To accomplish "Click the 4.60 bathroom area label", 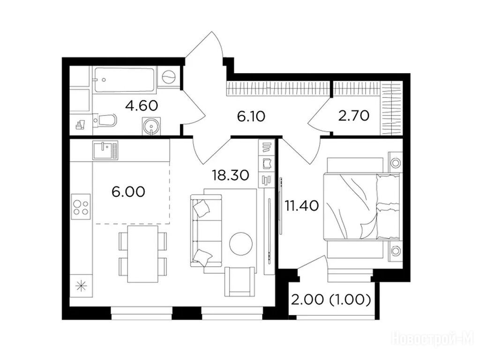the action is click(x=142, y=106).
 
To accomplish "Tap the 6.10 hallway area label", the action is click(x=251, y=117).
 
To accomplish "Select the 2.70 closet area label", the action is click(x=353, y=116).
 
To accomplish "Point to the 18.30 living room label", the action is click(x=231, y=175).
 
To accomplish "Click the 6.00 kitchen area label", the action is click(x=128, y=192).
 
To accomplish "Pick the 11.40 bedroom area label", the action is click(x=302, y=206).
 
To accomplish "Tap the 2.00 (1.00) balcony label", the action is click(x=331, y=300).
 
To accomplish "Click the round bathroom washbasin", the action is click(x=151, y=126).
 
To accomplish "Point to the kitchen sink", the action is click(x=105, y=150).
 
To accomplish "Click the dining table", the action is click(x=142, y=254).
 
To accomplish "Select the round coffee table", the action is click(x=240, y=244).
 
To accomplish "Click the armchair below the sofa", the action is click(x=240, y=281).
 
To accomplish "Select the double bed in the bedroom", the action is click(x=361, y=206).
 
